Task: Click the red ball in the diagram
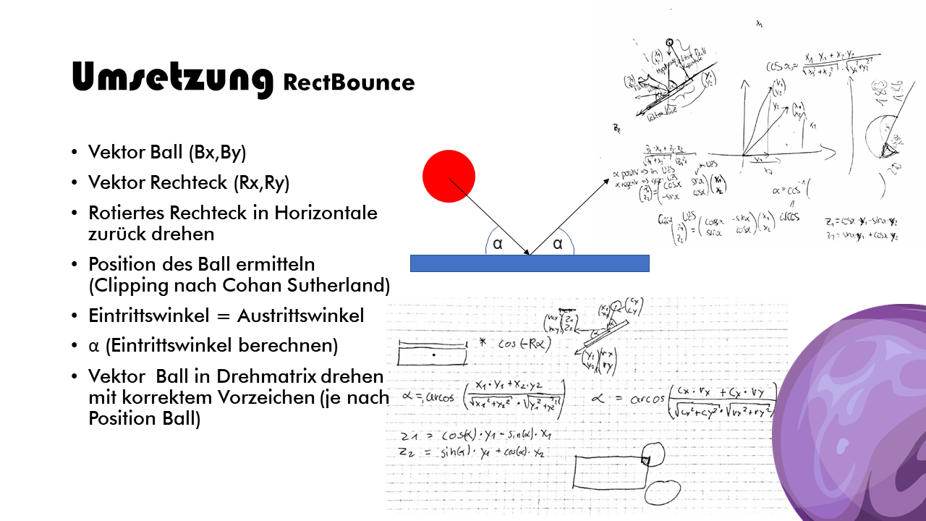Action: [x=449, y=176]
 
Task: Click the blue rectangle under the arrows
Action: [x=530, y=263]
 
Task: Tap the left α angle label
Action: [x=498, y=245]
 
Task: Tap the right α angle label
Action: [x=557, y=245]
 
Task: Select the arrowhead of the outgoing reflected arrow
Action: [x=606, y=181]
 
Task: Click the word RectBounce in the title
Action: [x=349, y=82]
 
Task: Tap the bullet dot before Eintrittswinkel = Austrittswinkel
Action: [x=76, y=317]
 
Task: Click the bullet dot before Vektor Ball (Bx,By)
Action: [x=76, y=153]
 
